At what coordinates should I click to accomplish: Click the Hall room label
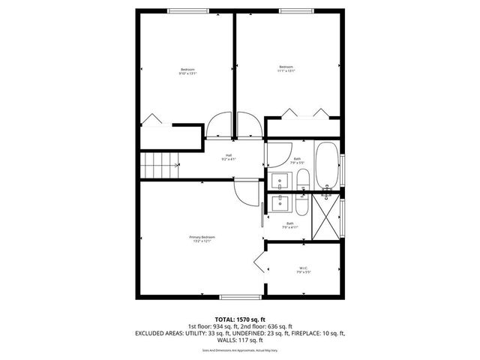pyautogui.click(x=229, y=157)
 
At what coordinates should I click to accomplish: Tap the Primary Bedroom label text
pyautogui.click(x=198, y=238)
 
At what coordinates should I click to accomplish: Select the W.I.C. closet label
pyautogui.click(x=303, y=269)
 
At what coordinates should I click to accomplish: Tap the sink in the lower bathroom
pyautogui.click(x=278, y=202)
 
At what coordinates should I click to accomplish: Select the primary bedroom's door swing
pyautogui.click(x=244, y=193)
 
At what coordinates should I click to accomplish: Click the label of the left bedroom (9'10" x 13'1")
pyautogui.click(x=187, y=71)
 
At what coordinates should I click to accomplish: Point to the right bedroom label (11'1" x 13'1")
pyautogui.click(x=286, y=68)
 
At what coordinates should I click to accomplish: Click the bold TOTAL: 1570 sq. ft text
pyautogui.click(x=239, y=319)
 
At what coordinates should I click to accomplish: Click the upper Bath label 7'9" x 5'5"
pyautogui.click(x=297, y=160)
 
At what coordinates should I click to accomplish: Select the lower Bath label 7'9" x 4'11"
pyautogui.click(x=290, y=225)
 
